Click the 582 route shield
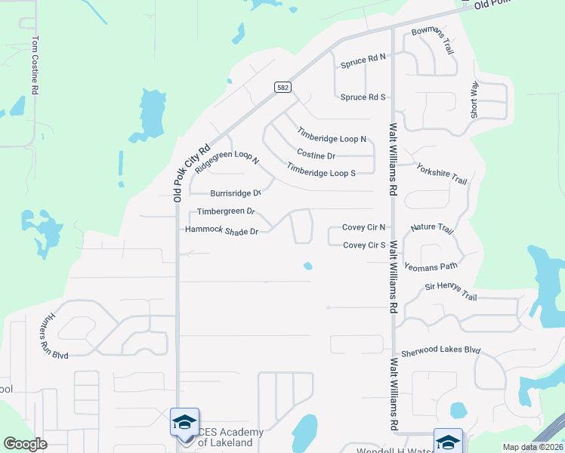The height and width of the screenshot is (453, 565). pyautogui.click(x=282, y=88)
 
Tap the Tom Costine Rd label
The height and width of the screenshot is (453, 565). pyautogui.click(x=35, y=65)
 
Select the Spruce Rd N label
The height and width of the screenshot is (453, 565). pyautogui.click(x=363, y=57)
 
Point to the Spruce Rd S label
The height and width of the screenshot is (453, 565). pyautogui.click(x=363, y=97)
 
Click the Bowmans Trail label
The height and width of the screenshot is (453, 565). pyautogui.click(x=432, y=41)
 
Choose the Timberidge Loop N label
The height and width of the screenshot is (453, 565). pyautogui.click(x=332, y=134)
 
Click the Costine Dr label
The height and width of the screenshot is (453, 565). pyautogui.click(x=316, y=155)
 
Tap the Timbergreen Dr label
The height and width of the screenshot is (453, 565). pyautogui.click(x=226, y=212)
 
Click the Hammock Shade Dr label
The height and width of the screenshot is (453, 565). pyautogui.click(x=222, y=230)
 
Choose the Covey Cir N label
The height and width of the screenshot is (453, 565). pyautogui.click(x=363, y=226)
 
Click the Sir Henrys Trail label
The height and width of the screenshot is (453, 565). pyautogui.click(x=451, y=291)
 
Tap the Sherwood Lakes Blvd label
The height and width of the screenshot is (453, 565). pyautogui.click(x=440, y=353)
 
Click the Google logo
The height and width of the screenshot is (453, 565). pyautogui.click(x=26, y=444)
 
